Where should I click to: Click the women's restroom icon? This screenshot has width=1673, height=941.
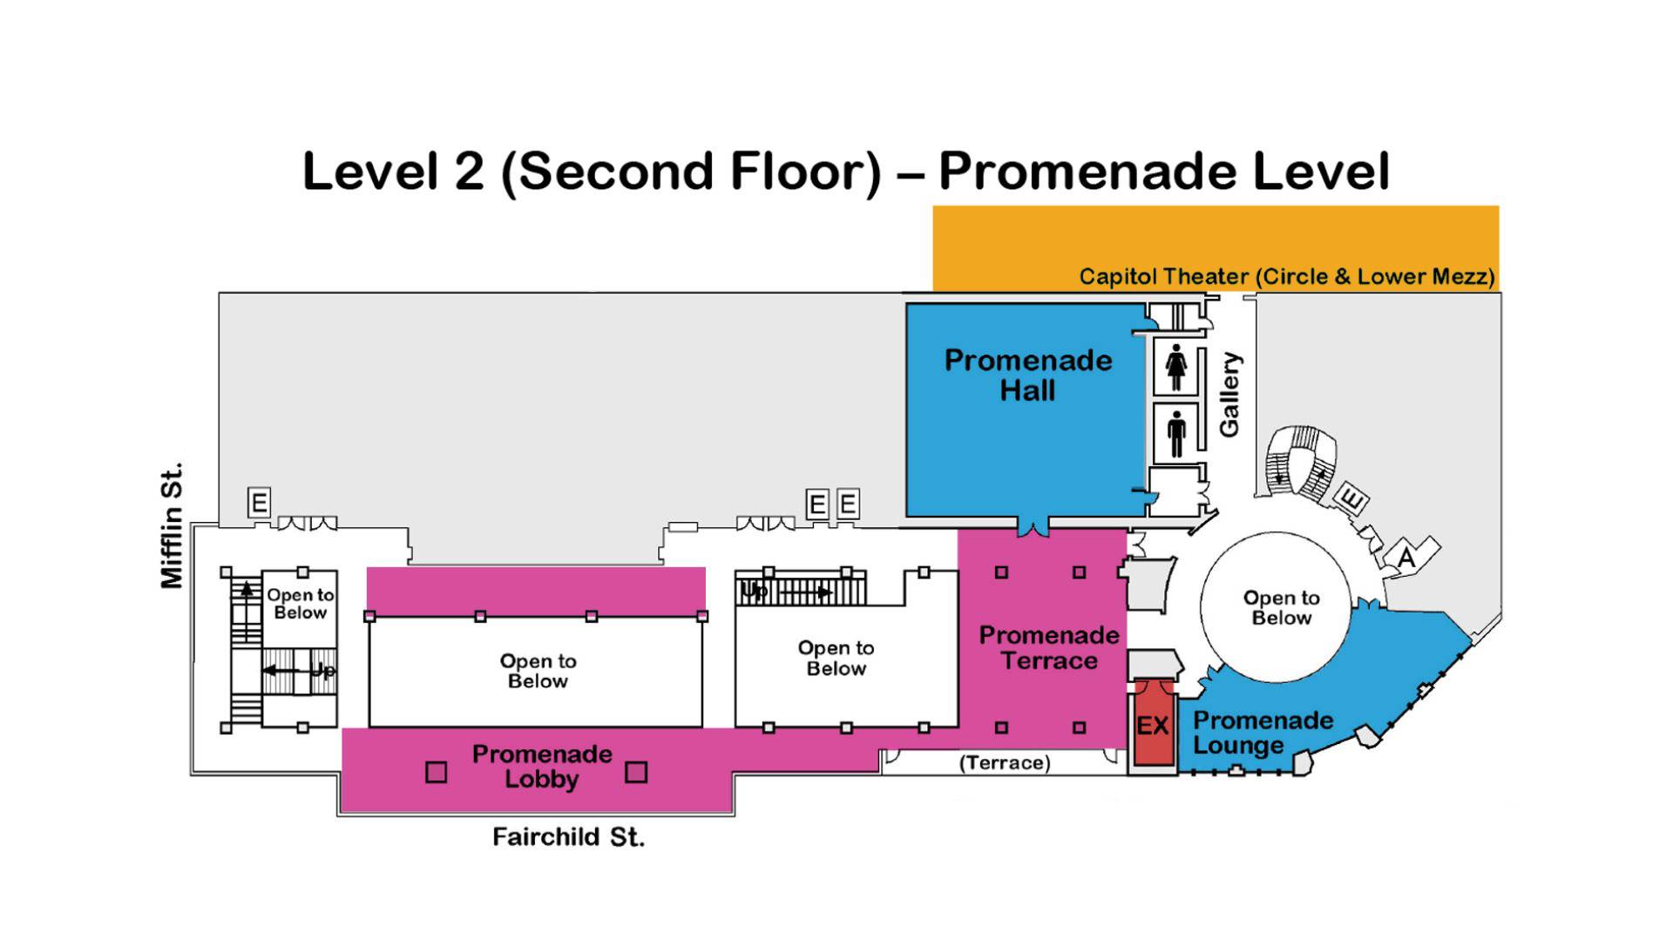pos(1176,368)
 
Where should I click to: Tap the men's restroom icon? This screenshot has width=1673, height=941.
pos(1176,434)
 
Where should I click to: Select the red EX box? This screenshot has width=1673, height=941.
pos(1153,725)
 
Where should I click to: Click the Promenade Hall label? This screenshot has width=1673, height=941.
pos(1028,376)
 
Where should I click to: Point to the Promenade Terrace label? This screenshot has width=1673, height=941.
pos(1049,647)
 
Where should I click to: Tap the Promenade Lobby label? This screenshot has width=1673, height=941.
pos(542,766)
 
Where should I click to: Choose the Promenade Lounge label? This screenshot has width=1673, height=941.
pos(1263,733)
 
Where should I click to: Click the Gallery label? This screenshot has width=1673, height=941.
pos(1229,394)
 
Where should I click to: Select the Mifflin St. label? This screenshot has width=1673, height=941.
pos(172,525)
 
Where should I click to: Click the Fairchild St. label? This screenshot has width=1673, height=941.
pos(568,837)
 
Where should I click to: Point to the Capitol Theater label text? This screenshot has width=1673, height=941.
pos(1287,277)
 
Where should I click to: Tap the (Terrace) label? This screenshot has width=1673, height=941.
pos(1005,763)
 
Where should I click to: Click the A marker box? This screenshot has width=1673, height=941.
pos(1406,556)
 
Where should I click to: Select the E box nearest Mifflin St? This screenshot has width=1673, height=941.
pos(259,503)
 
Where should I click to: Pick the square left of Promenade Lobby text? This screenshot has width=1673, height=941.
pos(436,772)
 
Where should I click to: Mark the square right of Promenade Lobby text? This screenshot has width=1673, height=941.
pos(636,772)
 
